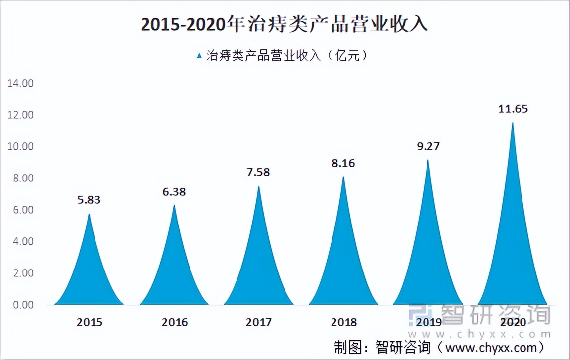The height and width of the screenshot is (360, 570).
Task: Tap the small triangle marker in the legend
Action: [x=199, y=56]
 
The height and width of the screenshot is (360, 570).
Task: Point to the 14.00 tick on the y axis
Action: [x=20, y=83]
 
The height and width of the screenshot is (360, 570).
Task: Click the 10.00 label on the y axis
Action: [x=20, y=146]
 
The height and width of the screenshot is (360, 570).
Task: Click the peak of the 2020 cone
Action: [x=513, y=123]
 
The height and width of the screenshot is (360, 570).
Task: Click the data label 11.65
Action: [x=513, y=109]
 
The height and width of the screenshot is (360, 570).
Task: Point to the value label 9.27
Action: [x=428, y=146]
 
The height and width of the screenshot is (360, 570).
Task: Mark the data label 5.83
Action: [x=89, y=200]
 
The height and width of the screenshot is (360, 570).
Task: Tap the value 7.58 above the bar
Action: [x=258, y=172]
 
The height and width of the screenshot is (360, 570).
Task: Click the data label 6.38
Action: [x=174, y=191]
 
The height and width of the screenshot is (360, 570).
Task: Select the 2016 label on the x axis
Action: [x=174, y=322]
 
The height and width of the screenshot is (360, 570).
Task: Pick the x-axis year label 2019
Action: [x=428, y=322]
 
